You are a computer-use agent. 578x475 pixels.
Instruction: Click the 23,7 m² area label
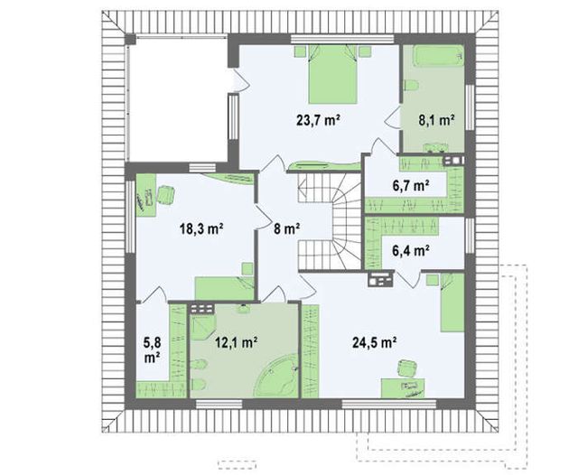318,120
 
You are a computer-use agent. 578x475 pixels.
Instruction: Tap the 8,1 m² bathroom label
435,120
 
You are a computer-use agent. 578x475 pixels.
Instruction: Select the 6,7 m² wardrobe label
411,185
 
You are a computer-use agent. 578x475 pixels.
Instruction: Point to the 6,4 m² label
411,250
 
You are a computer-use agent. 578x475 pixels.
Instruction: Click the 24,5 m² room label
375,342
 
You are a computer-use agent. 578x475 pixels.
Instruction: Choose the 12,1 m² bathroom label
237,342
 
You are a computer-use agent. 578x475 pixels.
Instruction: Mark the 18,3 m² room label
201,228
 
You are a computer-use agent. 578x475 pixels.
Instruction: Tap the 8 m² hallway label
286,228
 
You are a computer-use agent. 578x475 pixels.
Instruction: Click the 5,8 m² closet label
152,349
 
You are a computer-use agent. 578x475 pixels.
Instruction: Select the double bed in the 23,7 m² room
333,74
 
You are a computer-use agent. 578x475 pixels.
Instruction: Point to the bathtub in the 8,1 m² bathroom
439,56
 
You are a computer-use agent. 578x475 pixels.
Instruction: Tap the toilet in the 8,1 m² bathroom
412,86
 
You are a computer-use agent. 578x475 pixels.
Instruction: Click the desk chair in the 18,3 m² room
166,195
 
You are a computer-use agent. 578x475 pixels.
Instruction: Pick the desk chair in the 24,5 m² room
407,368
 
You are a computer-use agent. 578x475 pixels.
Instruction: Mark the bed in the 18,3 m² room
225,289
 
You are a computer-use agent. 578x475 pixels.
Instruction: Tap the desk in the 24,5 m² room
403,388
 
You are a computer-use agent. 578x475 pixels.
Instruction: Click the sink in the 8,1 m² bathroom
435,147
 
